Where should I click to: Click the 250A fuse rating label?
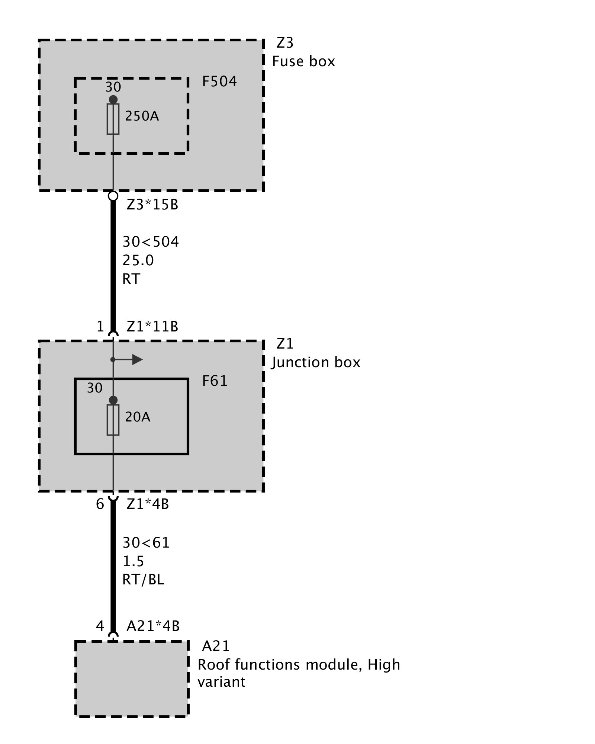(142, 116)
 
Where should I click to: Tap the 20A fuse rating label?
(138, 417)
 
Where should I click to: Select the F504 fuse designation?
(219, 81)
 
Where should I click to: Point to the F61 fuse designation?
(215, 381)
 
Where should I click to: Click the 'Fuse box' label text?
(303, 61)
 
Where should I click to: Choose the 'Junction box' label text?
(316, 362)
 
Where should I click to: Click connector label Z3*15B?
(152, 205)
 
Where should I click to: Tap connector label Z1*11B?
(152, 327)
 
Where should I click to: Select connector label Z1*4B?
(148, 504)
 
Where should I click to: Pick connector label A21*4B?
(153, 626)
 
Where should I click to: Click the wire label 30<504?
(151, 242)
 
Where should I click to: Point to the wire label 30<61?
(146, 543)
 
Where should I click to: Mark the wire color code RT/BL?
(143, 580)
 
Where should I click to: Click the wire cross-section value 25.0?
(138, 260)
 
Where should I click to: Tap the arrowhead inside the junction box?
(137, 360)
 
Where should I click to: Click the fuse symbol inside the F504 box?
(113, 119)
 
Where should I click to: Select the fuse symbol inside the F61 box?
(113, 420)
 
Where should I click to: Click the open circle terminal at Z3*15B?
(113, 196)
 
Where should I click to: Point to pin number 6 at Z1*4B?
(100, 504)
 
